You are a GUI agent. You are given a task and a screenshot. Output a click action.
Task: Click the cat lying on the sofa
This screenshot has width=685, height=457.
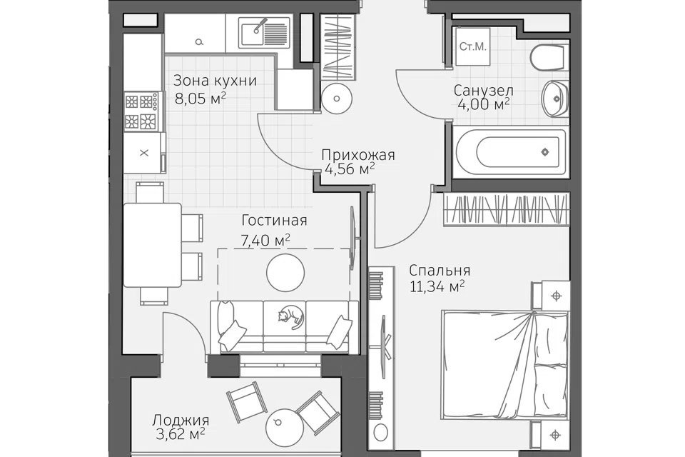pyautogui.click(x=290, y=316)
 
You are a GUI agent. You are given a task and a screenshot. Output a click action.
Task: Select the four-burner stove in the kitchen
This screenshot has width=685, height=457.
pyautogui.click(x=141, y=111)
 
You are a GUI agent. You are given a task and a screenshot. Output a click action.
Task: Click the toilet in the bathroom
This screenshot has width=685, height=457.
pyautogui.click(x=549, y=57)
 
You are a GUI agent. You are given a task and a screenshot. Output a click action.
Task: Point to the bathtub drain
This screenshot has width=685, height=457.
pyautogui.click(x=544, y=152)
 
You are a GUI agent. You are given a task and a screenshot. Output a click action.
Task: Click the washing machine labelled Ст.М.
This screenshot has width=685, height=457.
pyautogui.click(x=472, y=46)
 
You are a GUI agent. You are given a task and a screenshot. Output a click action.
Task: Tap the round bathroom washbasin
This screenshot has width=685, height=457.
pyautogui.click(x=555, y=99)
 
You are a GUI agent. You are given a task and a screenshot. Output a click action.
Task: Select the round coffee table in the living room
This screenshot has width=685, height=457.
pyautogui.click(x=285, y=273)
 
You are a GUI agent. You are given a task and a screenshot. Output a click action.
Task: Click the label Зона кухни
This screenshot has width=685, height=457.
pyautogui.click(x=215, y=81)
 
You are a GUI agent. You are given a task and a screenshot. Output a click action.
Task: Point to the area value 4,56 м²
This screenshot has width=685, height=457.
pyautogui.click(x=350, y=169)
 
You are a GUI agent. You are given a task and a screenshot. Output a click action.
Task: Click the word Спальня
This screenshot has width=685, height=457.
pyautogui.click(x=440, y=270)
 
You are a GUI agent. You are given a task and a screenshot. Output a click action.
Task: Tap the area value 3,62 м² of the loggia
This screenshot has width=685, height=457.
pyautogui.click(x=181, y=434)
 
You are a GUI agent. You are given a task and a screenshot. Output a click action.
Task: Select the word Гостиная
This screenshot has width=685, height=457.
pyautogui.click(x=274, y=220)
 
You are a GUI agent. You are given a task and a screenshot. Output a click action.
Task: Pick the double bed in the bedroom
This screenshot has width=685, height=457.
pyautogui.click(x=505, y=365)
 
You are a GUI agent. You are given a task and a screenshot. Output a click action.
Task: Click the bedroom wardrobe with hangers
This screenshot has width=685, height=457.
pyautogui.click(x=507, y=210)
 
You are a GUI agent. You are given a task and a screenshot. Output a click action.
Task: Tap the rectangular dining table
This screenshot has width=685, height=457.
pyautogui.click(x=152, y=245)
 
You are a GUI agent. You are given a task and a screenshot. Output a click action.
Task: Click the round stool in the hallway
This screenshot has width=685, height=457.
pyautogui.click(x=336, y=99)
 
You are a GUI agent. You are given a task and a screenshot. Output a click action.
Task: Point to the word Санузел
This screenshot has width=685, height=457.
pyautogui.click(x=483, y=91)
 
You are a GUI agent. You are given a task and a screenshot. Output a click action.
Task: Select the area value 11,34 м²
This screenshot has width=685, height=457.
pyautogui.click(x=437, y=287)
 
